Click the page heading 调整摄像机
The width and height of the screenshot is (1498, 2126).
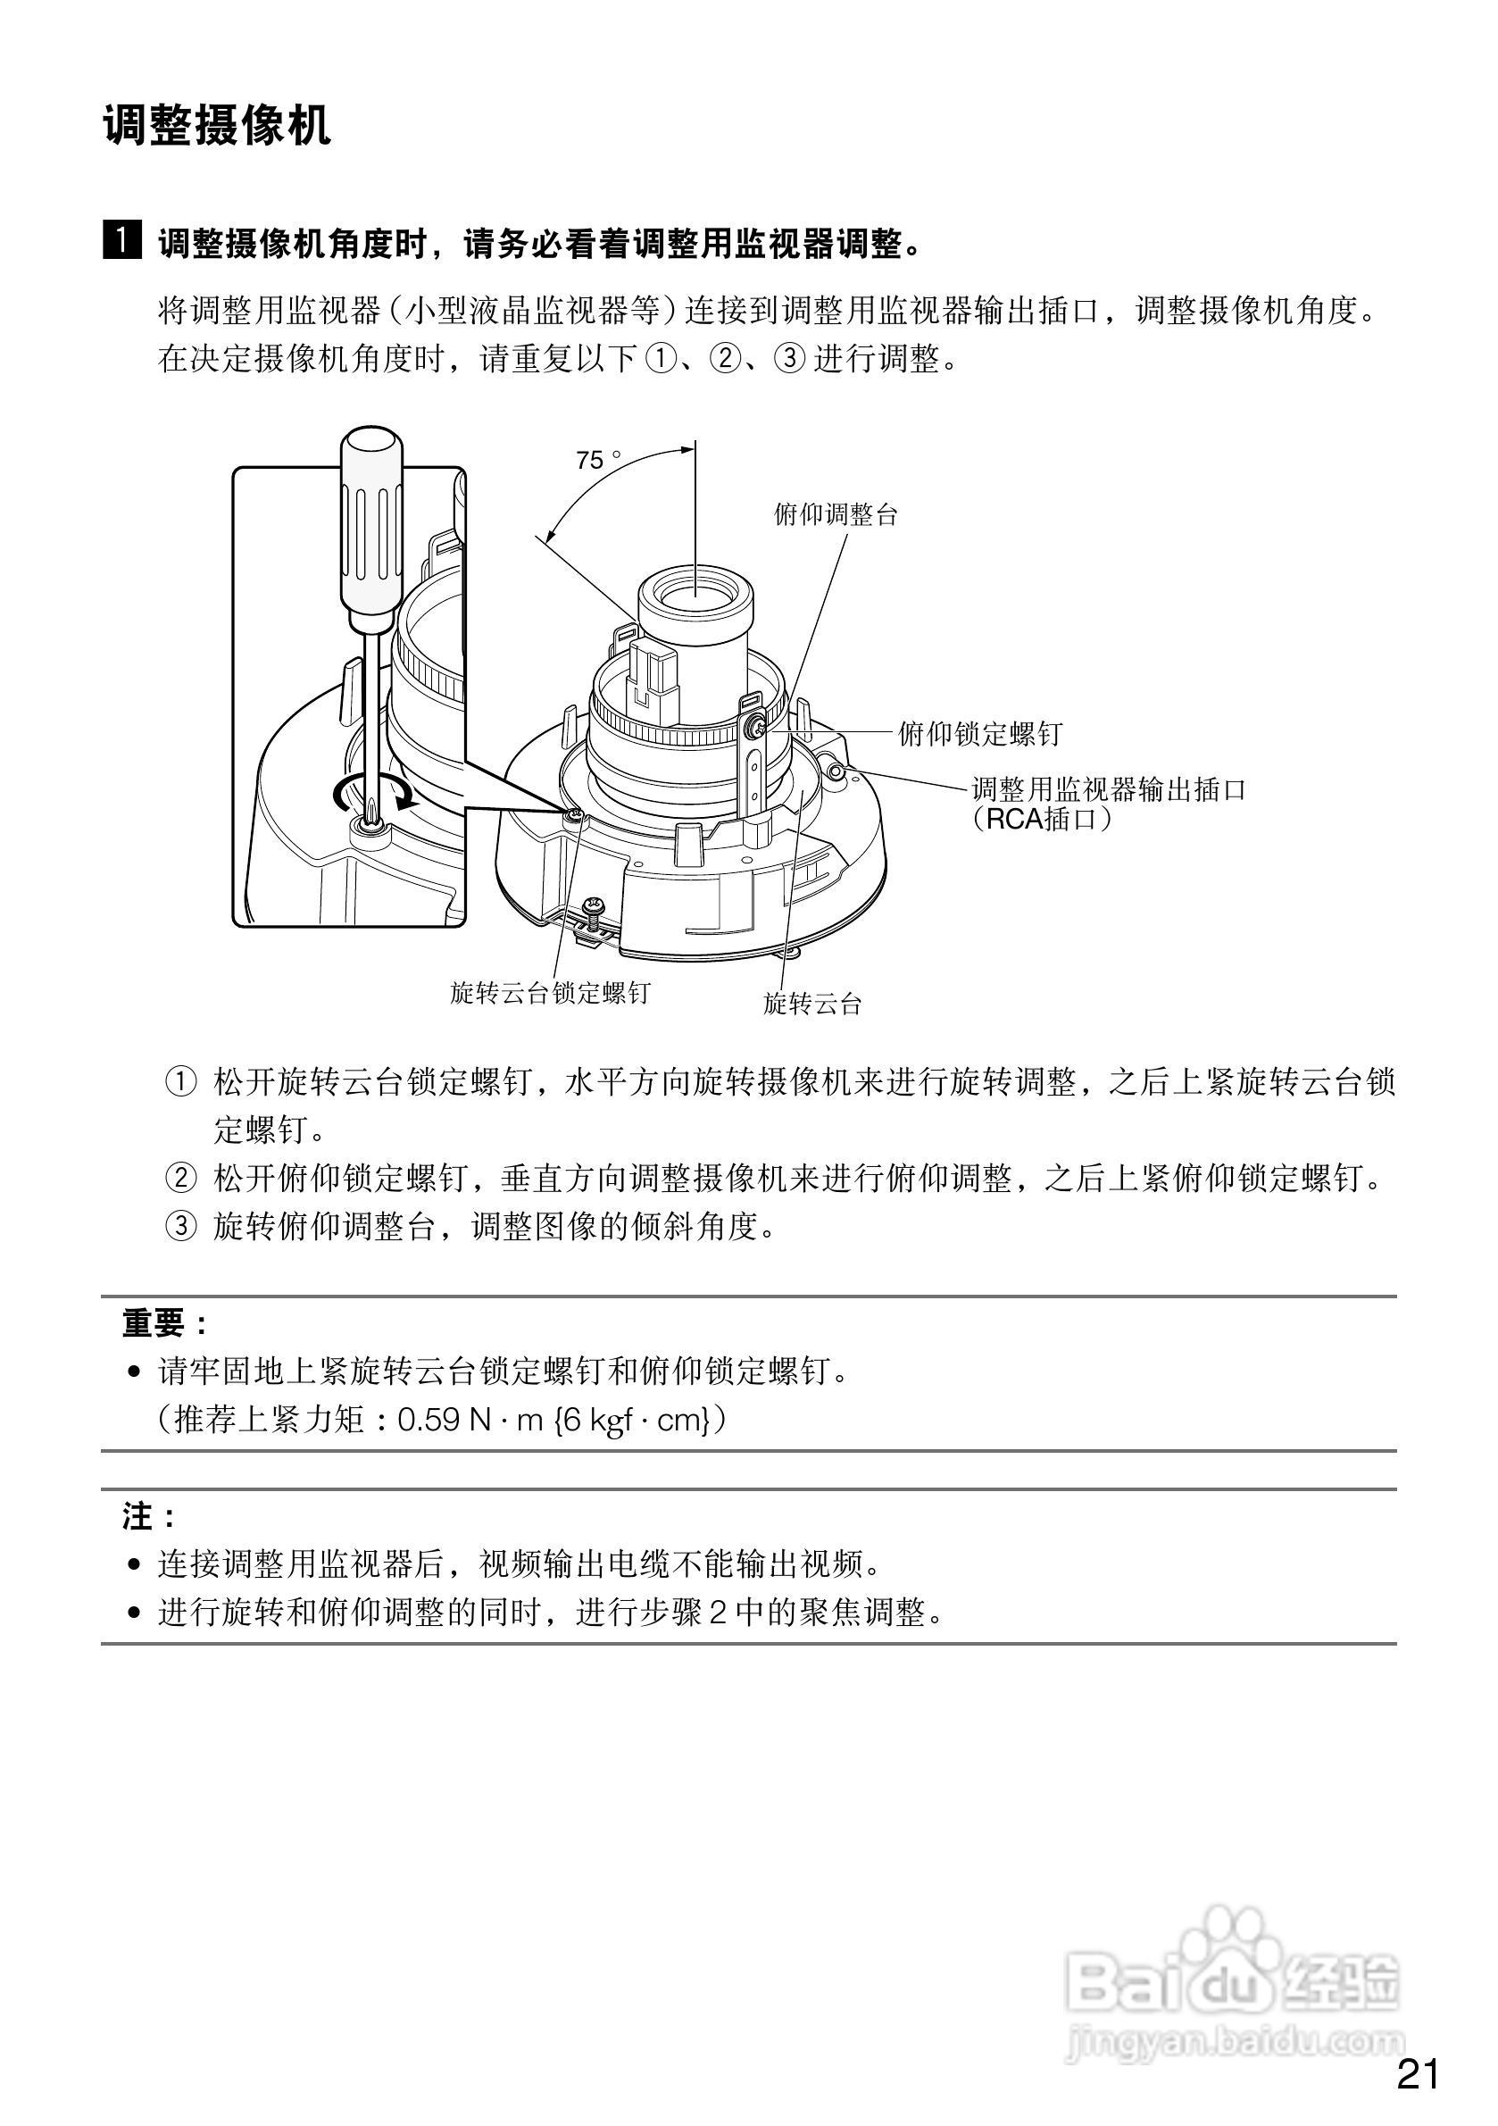(217, 125)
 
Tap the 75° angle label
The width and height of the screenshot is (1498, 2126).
(595, 460)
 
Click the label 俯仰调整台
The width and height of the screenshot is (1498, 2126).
(836, 515)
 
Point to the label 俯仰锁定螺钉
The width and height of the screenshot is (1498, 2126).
(979, 734)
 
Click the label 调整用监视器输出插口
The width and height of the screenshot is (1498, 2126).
(1108, 789)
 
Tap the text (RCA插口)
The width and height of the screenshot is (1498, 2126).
(1041, 820)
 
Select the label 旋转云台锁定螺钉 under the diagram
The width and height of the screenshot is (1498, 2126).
(550, 994)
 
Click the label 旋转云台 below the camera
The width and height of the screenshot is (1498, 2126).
(812, 1003)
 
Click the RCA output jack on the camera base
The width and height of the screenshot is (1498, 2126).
(837, 771)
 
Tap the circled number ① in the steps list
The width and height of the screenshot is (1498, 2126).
(180, 1081)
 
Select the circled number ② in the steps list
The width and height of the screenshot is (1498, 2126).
(180, 1179)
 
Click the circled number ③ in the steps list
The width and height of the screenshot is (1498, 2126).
(180, 1228)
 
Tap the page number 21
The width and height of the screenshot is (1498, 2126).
(1418, 2075)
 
